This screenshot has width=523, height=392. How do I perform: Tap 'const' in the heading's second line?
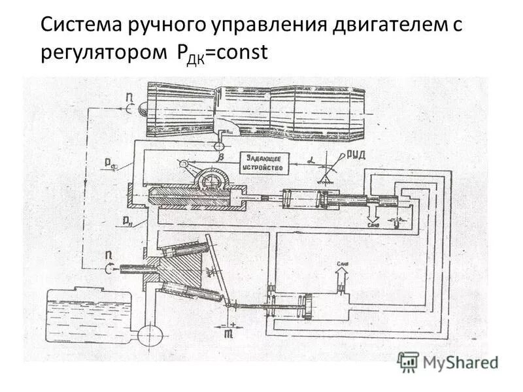click(244, 53)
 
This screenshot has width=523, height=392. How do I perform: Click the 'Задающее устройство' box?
click(265, 163)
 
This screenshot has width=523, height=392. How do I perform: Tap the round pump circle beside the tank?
click(148, 335)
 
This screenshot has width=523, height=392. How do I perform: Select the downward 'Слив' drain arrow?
click(373, 212)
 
